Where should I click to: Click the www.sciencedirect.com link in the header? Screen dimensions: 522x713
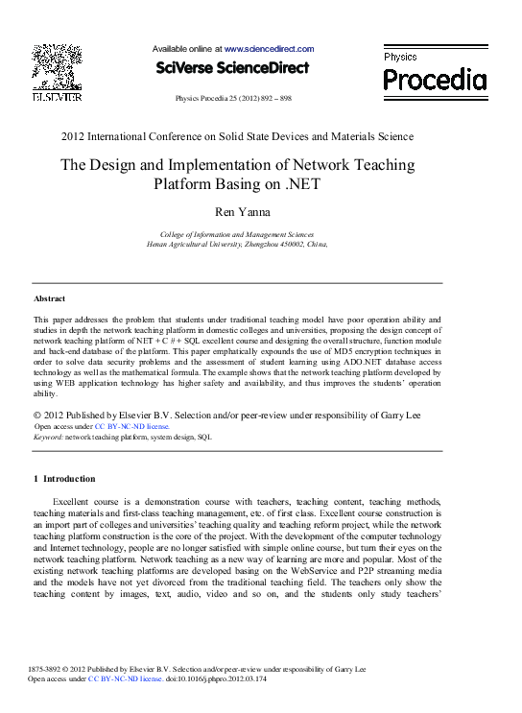270,48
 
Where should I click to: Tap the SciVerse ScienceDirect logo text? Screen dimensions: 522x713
232,68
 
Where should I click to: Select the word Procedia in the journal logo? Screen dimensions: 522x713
435,81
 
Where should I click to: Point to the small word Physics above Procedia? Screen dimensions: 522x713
400,58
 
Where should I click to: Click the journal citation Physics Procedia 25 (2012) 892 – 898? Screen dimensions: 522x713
233,99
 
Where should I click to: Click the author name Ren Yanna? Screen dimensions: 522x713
237,212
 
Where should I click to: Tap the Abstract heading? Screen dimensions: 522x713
49,298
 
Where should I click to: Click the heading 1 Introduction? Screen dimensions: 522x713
64,478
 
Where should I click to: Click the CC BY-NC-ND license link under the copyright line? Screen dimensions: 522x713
132,425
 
